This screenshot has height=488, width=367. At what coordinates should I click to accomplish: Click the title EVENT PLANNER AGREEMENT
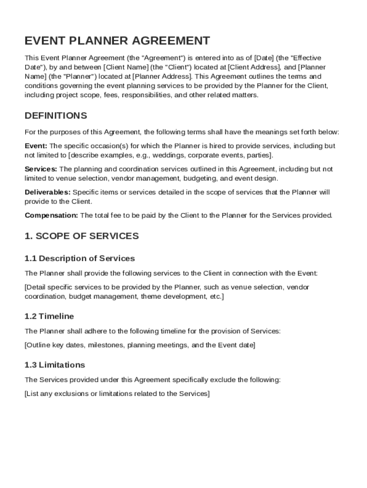(117, 41)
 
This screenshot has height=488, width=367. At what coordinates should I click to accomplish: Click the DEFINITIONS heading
(56, 116)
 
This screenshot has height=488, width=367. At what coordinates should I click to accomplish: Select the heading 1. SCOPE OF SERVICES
(82, 236)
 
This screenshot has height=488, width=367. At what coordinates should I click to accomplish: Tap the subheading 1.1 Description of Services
(80, 259)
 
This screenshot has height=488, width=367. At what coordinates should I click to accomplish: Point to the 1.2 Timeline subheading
(49, 316)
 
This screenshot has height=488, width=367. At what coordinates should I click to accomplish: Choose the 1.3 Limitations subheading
(55, 365)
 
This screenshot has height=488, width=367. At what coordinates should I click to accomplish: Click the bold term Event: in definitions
(36, 146)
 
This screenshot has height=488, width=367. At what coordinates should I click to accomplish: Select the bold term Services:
(41, 169)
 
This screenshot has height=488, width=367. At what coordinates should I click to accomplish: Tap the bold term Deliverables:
(47, 193)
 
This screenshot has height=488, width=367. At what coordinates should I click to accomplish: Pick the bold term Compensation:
(51, 215)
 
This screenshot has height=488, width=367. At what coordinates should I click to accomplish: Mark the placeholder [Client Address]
(253, 68)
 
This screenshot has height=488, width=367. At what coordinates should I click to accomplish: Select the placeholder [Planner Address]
(162, 77)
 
